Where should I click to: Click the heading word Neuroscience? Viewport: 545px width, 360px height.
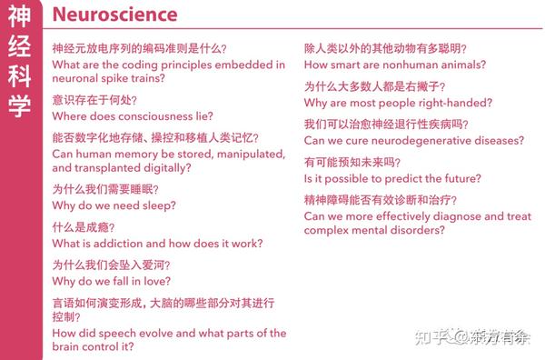click(114, 15)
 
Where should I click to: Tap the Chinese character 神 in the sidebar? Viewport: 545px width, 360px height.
click(18, 17)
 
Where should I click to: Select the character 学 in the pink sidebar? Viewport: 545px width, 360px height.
click(18, 105)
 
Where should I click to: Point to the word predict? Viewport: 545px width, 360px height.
click(401, 179)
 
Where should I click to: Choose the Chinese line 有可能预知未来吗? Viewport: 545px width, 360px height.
click(352, 163)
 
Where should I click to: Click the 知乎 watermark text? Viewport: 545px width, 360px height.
click(431, 337)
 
